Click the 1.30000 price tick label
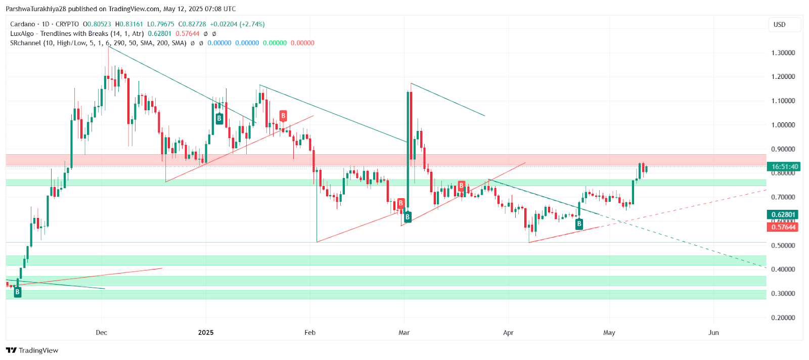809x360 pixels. tap(783, 53)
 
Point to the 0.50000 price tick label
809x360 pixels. tap(783, 246)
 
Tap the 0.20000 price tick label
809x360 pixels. tap(783, 318)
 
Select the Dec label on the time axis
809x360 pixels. tap(102, 333)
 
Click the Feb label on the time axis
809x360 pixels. tap(310, 333)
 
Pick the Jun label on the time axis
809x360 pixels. tap(713, 333)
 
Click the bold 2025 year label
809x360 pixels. tap(206, 333)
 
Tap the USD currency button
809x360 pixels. tap(780, 25)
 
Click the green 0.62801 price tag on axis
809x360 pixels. tap(783, 214)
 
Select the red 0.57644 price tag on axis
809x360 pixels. tap(783, 227)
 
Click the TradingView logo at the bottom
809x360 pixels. tap(32, 350)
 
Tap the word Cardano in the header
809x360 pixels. tap(23, 24)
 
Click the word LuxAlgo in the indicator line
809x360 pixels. tap(22, 34)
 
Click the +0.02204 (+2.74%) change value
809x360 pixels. tap(237, 24)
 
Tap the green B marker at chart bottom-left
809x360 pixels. tap(18, 292)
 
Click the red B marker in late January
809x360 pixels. tap(283, 116)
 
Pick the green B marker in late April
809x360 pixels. tap(579, 223)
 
